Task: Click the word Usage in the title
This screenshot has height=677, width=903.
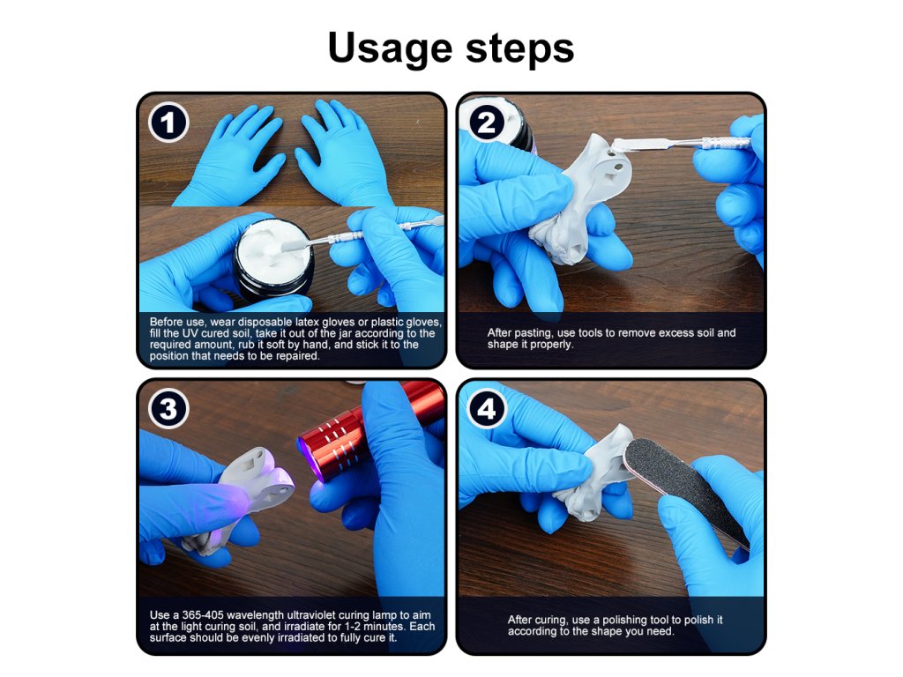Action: (390, 48)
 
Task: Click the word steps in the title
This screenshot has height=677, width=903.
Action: (519, 49)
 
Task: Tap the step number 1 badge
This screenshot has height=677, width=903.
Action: (168, 122)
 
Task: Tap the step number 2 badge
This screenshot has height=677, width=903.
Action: (487, 122)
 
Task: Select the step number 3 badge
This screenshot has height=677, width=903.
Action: (168, 409)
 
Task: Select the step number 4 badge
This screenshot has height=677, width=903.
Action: (487, 409)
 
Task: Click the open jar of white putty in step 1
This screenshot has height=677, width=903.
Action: (273, 259)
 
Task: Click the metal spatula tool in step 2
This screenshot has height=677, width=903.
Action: (680, 143)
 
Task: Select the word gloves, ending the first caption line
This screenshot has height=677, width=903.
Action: (423, 323)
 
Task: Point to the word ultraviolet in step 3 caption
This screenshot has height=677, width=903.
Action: (311, 615)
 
